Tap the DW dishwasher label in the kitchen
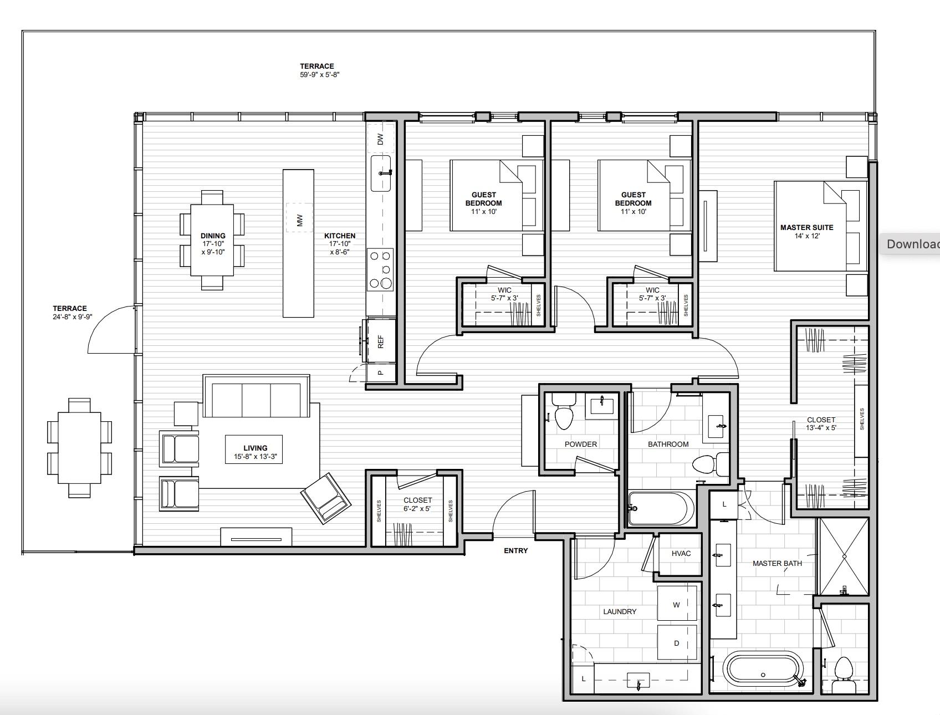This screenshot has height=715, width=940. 381,139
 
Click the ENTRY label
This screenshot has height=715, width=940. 515,550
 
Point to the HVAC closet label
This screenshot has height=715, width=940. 681,553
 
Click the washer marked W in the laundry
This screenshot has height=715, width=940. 676,605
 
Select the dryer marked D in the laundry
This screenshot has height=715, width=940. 676,643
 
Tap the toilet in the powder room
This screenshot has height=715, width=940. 564,416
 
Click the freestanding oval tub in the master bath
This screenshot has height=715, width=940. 763,669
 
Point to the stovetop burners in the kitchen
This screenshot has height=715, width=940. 381,270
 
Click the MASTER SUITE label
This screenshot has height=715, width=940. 806,227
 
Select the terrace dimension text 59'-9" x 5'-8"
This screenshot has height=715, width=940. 319,74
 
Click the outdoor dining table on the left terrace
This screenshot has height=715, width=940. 80,448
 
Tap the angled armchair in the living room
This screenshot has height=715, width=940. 326,498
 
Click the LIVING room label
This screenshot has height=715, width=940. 255,448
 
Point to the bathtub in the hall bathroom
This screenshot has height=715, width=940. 660,508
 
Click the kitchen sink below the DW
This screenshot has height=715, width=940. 381,173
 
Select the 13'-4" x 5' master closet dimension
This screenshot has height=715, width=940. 821,427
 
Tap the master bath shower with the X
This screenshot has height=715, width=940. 844,556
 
